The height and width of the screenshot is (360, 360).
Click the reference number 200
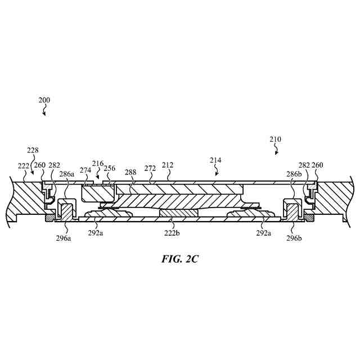click(x=44, y=100)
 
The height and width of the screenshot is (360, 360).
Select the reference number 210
click(x=275, y=139)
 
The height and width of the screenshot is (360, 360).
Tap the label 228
click(x=33, y=150)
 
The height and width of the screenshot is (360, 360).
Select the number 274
click(x=85, y=170)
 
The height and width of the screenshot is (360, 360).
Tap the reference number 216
click(x=98, y=164)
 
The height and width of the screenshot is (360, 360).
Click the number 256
click(x=110, y=169)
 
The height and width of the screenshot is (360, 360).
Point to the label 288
click(x=130, y=173)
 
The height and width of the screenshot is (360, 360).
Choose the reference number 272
click(x=150, y=168)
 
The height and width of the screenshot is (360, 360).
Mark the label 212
click(x=168, y=165)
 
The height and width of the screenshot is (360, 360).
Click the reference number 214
click(x=215, y=160)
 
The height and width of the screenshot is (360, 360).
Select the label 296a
click(x=63, y=238)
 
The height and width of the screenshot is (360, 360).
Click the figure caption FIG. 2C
click(x=179, y=260)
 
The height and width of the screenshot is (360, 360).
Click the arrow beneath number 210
click(x=276, y=150)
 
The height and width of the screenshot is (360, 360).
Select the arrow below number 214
click(x=216, y=171)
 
